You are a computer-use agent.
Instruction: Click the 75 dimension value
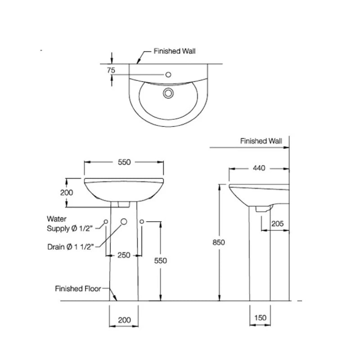pyautogui.click(x=111, y=70)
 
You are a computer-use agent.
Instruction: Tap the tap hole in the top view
pyautogui.click(x=169, y=75)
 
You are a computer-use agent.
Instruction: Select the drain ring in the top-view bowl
pyautogui.click(x=168, y=93)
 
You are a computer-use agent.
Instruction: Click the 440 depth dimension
pyautogui.click(x=259, y=168)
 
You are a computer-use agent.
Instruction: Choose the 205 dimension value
pyautogui.click(x=277, y=223)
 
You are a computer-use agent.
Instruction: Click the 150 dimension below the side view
pyautogui.click(x=261, y=318)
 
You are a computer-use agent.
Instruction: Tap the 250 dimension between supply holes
pyautogui.click(x=124, y=255)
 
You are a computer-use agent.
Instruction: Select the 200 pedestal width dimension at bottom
pyautogui.click(x=124, y=320)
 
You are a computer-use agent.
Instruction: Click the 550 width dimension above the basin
pyautogui.click(x=124, y=162)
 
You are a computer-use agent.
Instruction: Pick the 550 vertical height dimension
pyautogui.click(x=160, y=261)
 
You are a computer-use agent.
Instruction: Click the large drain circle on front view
pyautogui.click(x=124, y=222)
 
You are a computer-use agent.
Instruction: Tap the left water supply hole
pyautogui.click(x=106, y=222)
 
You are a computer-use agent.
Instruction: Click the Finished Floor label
pyautogui.click(x=78, y=288)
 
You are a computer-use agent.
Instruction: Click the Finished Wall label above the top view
pyautogui.click(x=175, y=51)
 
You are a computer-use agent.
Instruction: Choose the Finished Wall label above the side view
pyautogui.click(x=261, y=141)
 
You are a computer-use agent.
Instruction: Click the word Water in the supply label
pyautogui.click(x=57, y=219)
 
